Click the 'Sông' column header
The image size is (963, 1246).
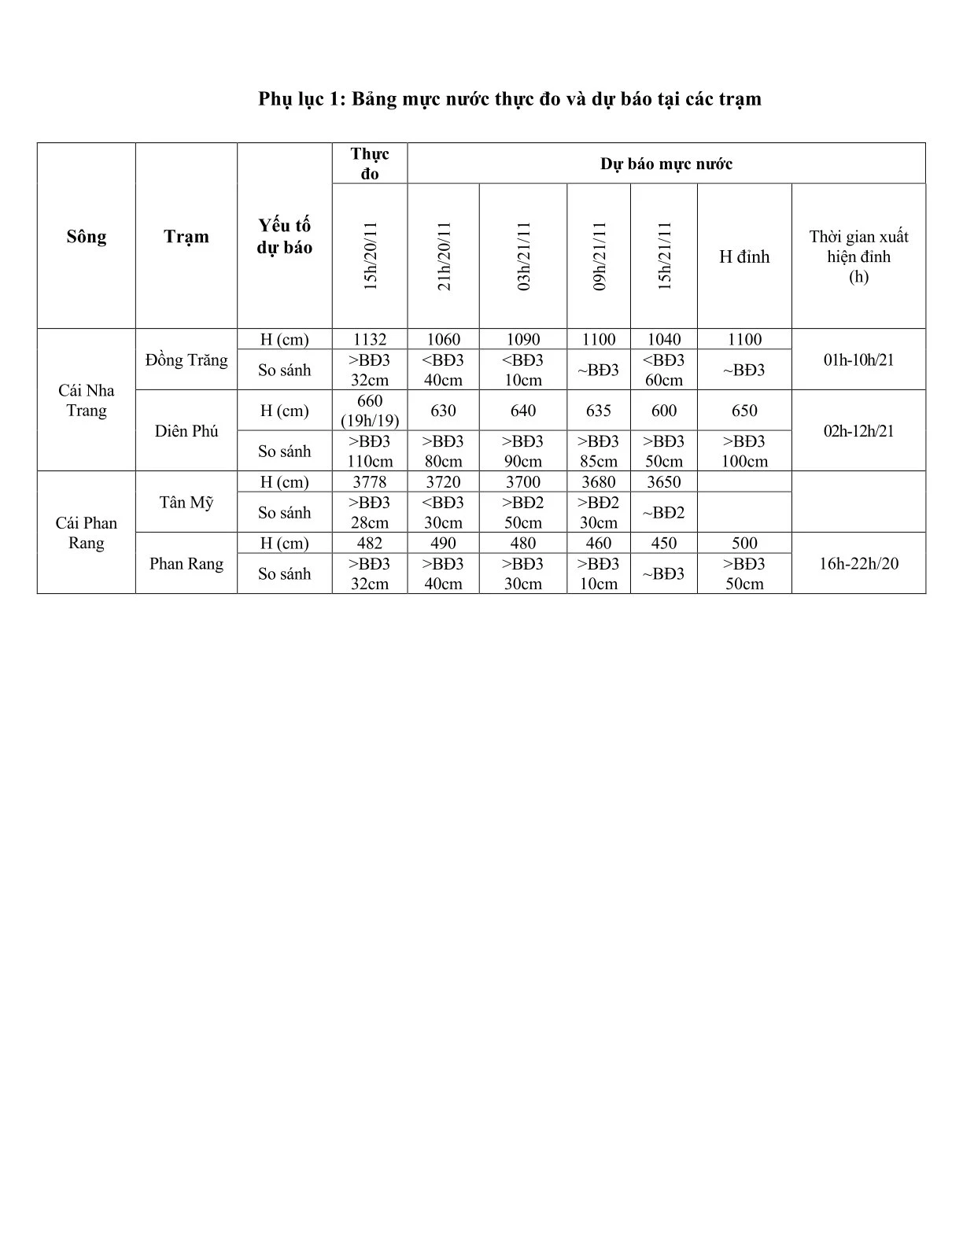pos(87,237)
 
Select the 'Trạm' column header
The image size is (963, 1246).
pos(186,237)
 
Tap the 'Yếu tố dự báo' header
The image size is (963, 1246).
pos(285,237)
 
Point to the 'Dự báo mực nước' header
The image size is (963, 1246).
pos(666,164)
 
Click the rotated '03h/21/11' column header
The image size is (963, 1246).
pos(524,256)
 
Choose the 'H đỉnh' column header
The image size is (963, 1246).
pos(744,256)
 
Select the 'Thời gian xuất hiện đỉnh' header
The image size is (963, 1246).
pos(858,256)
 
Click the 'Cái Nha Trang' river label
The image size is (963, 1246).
pos(87,400)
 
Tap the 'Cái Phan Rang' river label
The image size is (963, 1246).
pos(87,533)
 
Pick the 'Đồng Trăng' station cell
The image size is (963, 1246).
pos(186,360)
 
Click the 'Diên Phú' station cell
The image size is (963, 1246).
pos(186,431)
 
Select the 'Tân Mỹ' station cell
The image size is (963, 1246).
pos(186,502)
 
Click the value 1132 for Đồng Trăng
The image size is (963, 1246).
pos(370,340)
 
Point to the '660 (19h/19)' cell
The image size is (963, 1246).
pos(370,411)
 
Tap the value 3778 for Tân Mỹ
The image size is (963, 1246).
pos(370,482)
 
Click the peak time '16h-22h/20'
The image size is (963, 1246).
pos(858,563)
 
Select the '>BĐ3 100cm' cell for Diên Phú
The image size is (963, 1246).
pos(744,452)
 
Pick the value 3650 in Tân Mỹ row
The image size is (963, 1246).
pos(664,482)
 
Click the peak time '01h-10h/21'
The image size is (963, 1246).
pos(858,360)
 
